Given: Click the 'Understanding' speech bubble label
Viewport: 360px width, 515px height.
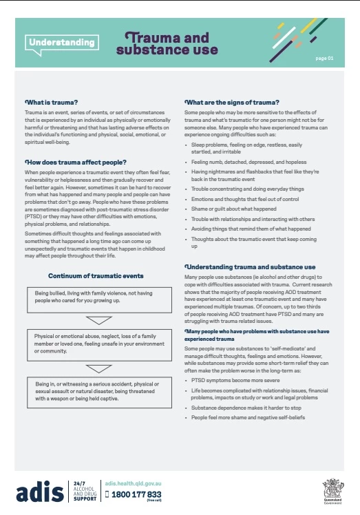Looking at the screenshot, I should (61, 43).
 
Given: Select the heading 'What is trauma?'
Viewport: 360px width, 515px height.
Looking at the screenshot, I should (48, 102).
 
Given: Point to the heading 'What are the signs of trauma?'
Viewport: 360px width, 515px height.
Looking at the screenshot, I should (232, 102).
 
